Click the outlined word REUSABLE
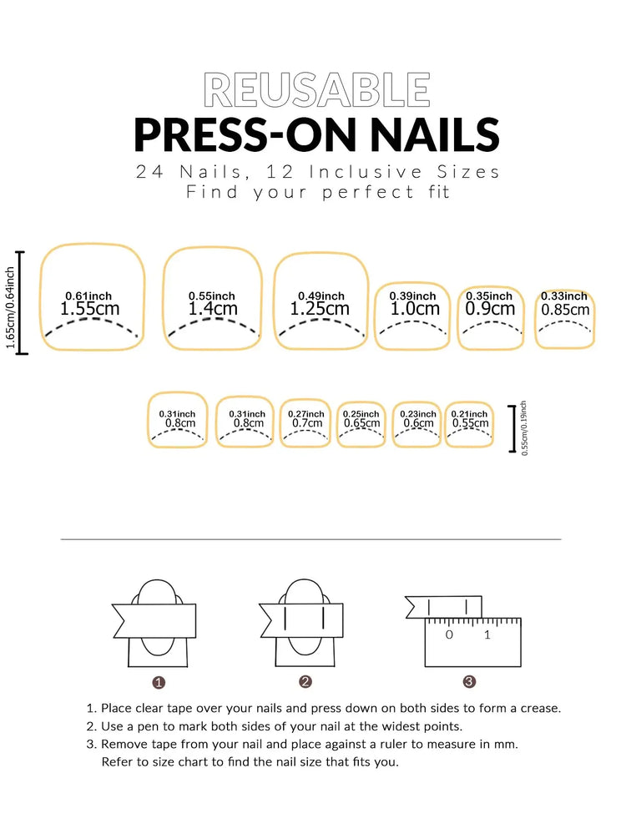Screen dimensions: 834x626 pyautogui.click(x=317, y=90)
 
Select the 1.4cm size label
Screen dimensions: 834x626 pyautogui.click(x=212, y=309)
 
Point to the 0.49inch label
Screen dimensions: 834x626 pyautogui.click(x=321, y=296)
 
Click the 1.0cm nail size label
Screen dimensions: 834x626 pyautogui.click(x=415, y=309)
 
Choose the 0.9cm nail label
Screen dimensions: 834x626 pyautogui.click(x=489, y=309)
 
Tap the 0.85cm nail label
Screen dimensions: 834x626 pyautogui.click(x=565, y=310)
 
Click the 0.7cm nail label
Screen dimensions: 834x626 pyautogui.click(x=306, y=423)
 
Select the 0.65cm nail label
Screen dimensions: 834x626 pyautogui.click(x=361, y=423)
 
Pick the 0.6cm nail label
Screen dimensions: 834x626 pyautogui.click(x=417, y=423)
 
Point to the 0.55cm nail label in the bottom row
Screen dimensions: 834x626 pyautogui.click(x=470, y=423)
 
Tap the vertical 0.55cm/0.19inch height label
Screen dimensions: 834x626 pyautogui.click(x=523, y=428)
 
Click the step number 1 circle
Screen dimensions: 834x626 pyautogui.click(x=159, y=682)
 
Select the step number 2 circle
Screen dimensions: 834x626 pyautogui.click(x=305, y=682)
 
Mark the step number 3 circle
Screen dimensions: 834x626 pyautogui.click(x=469, y=682)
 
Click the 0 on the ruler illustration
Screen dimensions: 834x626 pyautogui.click(x=449, y=635)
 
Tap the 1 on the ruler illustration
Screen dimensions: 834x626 pyautogui.click(x=487, y=635)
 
